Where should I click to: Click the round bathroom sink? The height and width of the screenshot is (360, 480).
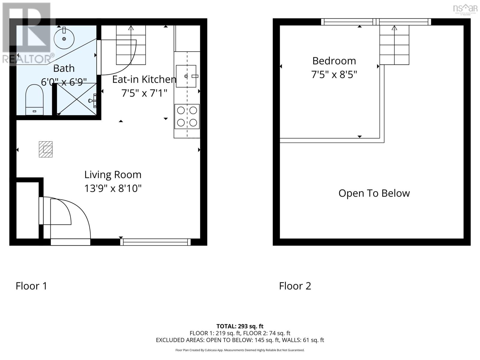tap(64, 39)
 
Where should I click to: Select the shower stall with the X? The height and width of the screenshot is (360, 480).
tap(76, 99)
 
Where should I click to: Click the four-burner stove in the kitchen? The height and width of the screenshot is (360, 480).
tap(187, 116)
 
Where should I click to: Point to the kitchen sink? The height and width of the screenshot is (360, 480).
tap(186, 76)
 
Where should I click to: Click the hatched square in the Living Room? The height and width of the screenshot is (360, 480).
tap(46, 149)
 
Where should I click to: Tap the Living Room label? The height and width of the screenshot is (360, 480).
tap(113, 175)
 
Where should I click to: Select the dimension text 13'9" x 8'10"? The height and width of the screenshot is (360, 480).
tap(113, 188)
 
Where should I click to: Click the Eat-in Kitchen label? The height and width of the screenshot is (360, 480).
tap(144, 79)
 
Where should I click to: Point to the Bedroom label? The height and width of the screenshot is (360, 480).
tap(334, 61)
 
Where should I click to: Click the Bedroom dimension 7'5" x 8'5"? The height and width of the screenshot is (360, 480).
tap(334, 74)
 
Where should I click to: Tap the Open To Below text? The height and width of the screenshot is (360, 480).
tap(374, 193)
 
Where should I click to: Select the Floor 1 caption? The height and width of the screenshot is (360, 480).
tap(31, 286)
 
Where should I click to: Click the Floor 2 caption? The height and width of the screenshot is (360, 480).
tap(295, 286)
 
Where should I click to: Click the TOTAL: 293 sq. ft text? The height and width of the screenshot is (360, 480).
tap(240, 326)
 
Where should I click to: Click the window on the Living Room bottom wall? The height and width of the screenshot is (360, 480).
tap(155, 242)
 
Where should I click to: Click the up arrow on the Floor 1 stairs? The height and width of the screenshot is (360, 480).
tap(131, 28)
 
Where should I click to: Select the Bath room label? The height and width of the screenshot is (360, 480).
tap(64, 68)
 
